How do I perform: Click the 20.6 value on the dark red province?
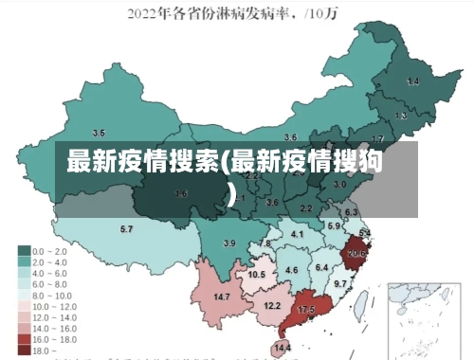(x=356, y=253)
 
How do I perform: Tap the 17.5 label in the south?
(x=306, y=310)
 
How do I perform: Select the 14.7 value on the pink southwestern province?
(x=222, y=297)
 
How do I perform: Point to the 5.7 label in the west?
(x=126, y=229)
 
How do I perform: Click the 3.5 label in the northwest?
(x=99, y=133)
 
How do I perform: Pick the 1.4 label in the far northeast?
(x=412, y=81)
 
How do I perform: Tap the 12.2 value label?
(x=272, y=305)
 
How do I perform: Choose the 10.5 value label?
(x=256, y=274)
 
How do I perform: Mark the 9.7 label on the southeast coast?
(x=340, y=283)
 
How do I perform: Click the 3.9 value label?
(x=228, y=243)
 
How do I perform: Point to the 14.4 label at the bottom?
(x=283, y=348)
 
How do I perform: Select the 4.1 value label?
(x=297, y=233)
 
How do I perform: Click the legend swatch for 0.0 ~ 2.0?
(x=23, y=251)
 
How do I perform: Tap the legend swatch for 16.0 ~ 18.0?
(x=23, y=337)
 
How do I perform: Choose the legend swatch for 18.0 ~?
(x=23, y=350)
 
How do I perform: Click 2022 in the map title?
(x=147, y=13)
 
